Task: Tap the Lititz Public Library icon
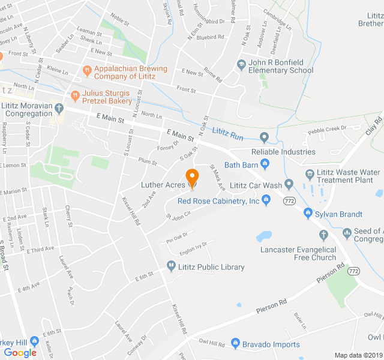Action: click(171, 266)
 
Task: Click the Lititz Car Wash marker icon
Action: click(289, 184)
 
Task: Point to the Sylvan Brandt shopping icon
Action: click(308, 214)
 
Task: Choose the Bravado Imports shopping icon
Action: click(235, 344)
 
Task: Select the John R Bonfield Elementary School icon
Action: click(241, 65)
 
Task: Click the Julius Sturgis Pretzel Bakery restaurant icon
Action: click(76, 95)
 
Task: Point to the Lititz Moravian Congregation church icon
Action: click(59, 109)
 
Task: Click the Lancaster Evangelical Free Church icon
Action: click(323, 235)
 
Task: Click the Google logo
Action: click(20, 353)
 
